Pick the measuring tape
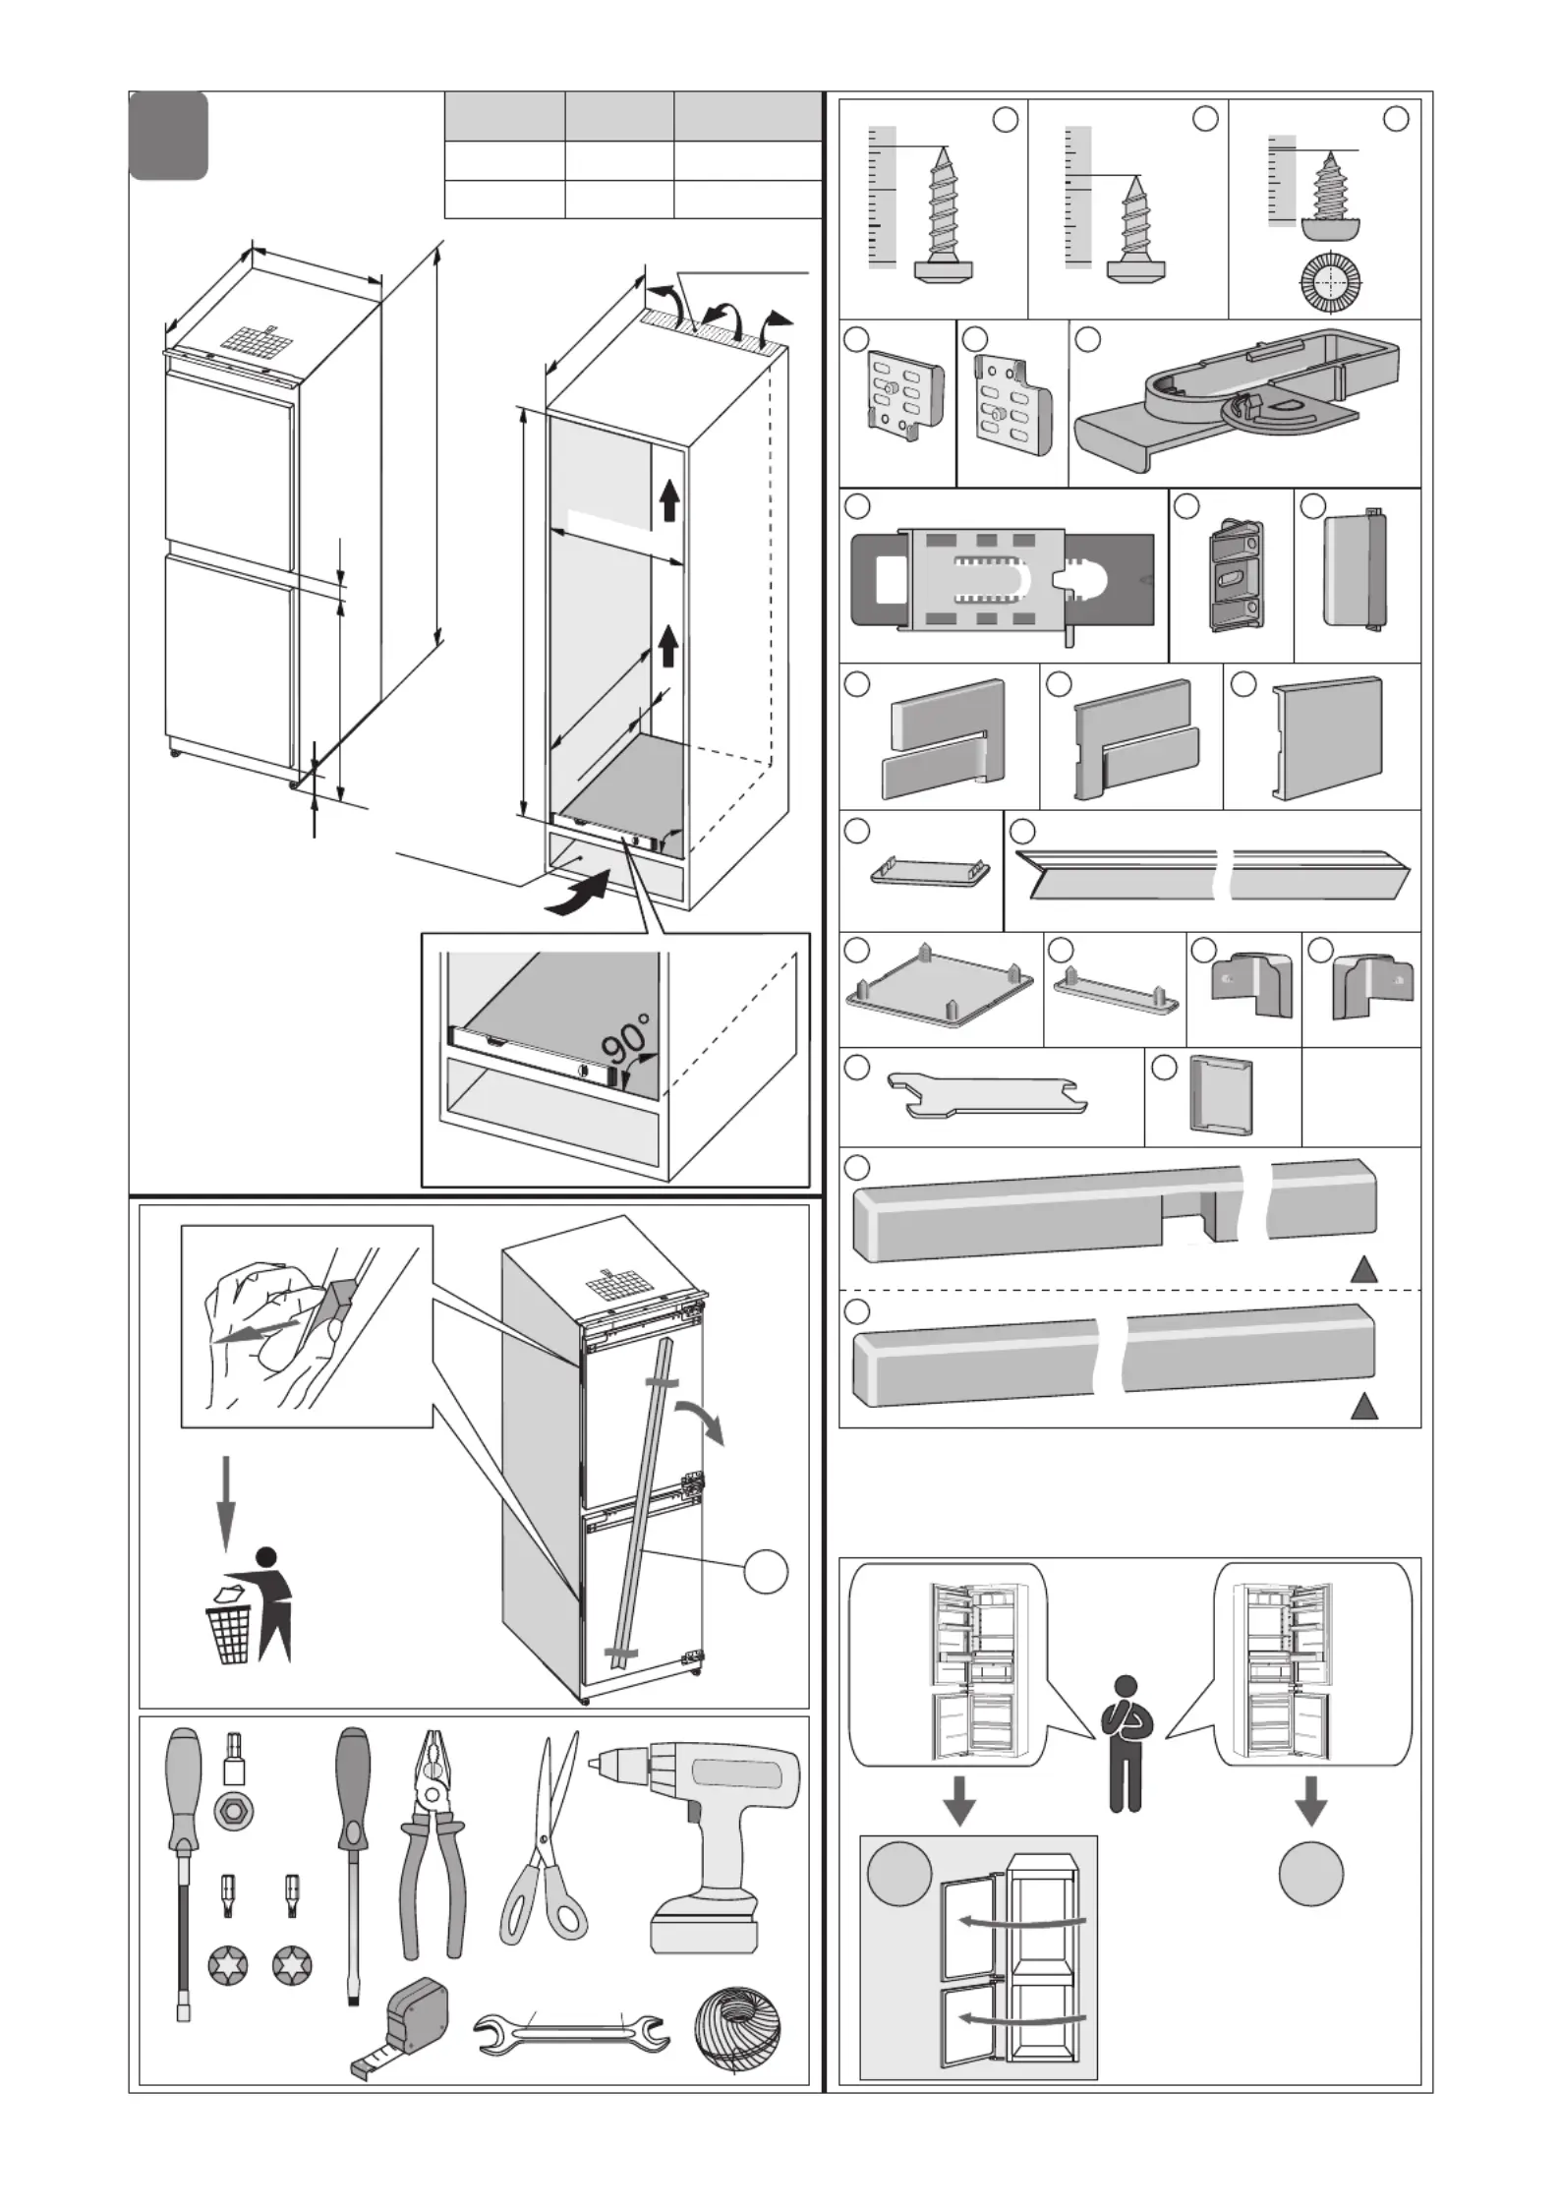(x=402, y=2027)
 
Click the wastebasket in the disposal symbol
(x=228, y=1633)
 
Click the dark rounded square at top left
(x=169, y=136)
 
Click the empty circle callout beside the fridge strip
(x=766, y=1571)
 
